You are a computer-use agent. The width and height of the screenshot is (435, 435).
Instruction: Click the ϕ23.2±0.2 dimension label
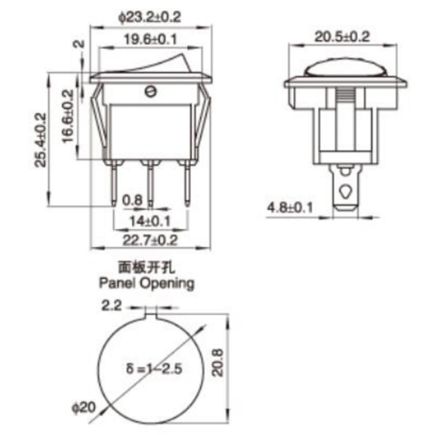[x=150, y=17]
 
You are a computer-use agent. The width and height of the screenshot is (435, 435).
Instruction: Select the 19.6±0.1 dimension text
[x=150, y=40]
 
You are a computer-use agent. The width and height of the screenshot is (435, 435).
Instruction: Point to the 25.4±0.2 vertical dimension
[x=41, y=140]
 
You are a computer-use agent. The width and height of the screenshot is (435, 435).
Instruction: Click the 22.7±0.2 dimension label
[x=150, y=240]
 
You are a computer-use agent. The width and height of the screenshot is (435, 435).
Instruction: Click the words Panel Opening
[x=147, y=284]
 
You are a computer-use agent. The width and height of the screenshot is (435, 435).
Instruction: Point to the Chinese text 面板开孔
[x=146, y=267]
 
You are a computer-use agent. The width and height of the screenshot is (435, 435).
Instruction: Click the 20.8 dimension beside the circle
[x=218, y=362]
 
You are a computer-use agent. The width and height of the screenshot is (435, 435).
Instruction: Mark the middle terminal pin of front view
[x=150, y=186]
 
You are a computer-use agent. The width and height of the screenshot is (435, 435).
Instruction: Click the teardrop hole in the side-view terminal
[x=346, y=191]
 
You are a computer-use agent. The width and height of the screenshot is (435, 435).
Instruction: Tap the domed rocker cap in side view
[x=345, y=69]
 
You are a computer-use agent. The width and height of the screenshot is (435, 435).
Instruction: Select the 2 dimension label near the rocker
[x=79, y=44]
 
